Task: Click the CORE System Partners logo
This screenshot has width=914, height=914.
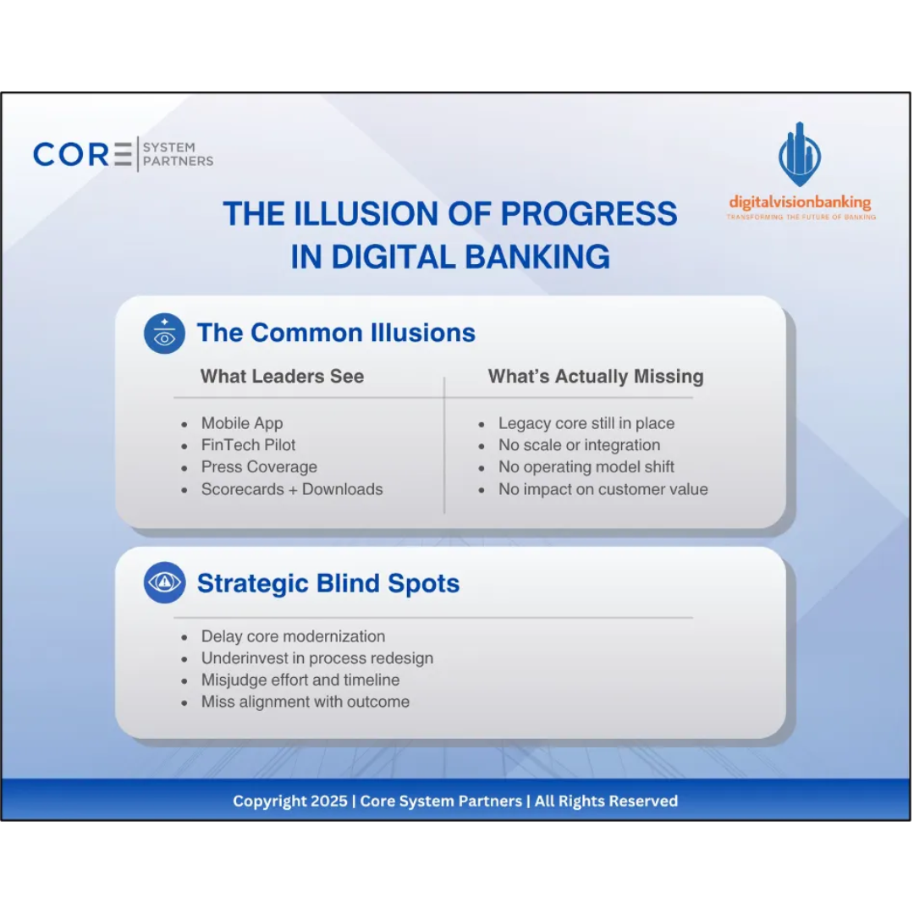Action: pyautogui.click(x=123, y=155)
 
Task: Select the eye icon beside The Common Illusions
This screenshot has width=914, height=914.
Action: pyautogui.click(x=164, y=333)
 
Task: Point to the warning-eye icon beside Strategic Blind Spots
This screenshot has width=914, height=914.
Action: pyautogui.click(x=164, y=583)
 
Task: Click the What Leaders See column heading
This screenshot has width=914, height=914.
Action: pyautogui.click(x=282, y=377)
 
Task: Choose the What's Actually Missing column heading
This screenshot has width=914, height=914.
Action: pyautogui.click(x=596, y=377)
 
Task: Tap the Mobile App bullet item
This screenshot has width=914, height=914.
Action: pyautogui.click(x=242, y=423)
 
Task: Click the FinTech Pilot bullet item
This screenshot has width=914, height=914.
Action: pyautogui.click(x=248, y=445)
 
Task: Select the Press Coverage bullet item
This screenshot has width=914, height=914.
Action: pyautogui.click(x=259, y=467)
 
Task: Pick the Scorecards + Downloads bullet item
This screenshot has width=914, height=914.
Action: pyautogui.click(x=292, y=489)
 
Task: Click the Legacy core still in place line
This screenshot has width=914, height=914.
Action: pyautogui.click(x=586, y=423)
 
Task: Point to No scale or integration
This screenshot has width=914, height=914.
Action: pyautogui.click(x=579, y=445)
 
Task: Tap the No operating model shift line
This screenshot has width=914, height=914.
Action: pyautogui.click(x=586, y=467)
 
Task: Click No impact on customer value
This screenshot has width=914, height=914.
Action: pyautogui.click(x=603, y=489)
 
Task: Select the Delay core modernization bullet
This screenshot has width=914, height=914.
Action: pyautogui.click(x=293, y=636)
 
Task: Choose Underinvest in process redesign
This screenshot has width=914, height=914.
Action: pyautogui.click(x=317, y=658)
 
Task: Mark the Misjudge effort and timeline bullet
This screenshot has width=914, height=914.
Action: pyautogui.click(x=300, y=680)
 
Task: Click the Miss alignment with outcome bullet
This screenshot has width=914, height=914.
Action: pyautogui.click(x=305, y=702)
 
